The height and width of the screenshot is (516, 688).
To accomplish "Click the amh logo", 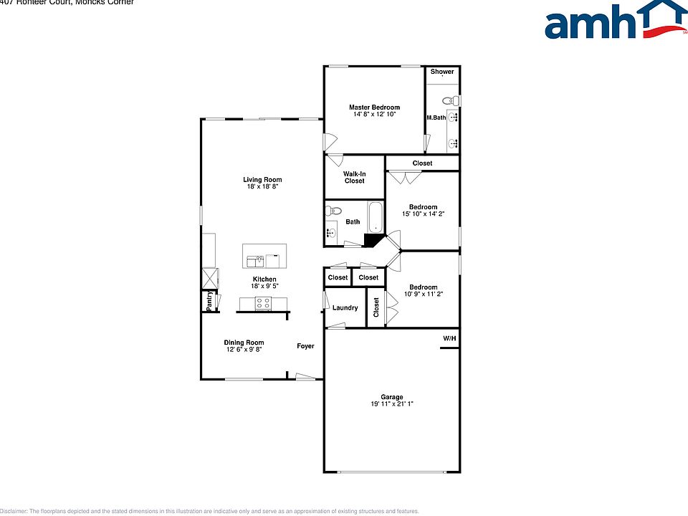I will [x=613, y=21].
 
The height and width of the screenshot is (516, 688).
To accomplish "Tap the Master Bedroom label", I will [x=375, y=107].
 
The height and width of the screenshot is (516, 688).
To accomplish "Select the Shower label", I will [x=442, y=72].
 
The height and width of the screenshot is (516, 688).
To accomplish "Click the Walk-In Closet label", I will [x=354, y=177].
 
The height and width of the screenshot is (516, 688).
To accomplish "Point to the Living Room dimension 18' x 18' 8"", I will [x=262, y=186].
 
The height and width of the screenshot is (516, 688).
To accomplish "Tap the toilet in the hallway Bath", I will [x=331, y=211].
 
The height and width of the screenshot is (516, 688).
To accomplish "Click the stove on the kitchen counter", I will [x=263, y=304].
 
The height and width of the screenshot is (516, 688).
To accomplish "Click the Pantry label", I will [x=209, y=301].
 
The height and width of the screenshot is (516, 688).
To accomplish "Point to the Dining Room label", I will [x=245, y=343].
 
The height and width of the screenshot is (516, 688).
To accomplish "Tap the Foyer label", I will [x=306, y=346].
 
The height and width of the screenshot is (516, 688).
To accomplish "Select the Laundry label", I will [x=345, y=308].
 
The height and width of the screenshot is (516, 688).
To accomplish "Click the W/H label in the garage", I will [x=449, y=338].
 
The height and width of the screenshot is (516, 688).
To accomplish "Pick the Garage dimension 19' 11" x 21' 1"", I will [x=391, y=404].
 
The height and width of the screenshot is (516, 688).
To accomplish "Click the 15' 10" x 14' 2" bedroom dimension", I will [x=423, y=214].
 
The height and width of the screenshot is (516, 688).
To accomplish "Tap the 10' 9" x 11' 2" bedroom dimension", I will [x=423, y=294].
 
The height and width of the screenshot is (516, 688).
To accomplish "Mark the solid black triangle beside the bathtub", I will [x=373, y=241].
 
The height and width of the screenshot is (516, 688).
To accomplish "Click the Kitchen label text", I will [x=264, y=279].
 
